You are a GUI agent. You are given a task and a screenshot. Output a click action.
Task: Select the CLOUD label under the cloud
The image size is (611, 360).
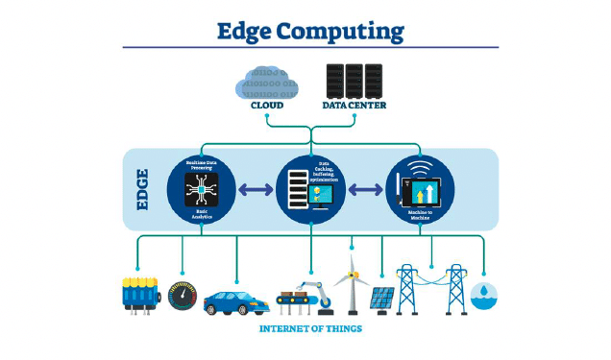pyautogui.click(x=267, y=105)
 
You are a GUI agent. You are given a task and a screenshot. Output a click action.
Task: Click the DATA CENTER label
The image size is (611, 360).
pyautogui.click(x=354, y=105)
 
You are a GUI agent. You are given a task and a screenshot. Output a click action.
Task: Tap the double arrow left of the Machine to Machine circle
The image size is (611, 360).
pyautogui.click(x=364, y=190)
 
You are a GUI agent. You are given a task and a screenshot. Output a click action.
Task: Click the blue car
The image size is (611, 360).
pyautogui.click(x=234, y=300)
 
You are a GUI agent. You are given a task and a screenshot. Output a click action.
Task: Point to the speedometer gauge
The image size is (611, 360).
pyautogui.click(x=183, y=296)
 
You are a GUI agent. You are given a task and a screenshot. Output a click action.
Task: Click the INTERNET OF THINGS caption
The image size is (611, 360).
pyautogui.click(x=310, y=329)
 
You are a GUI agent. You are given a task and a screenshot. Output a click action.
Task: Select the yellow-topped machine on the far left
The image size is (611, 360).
pyautogui.click(x=141, y=294)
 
